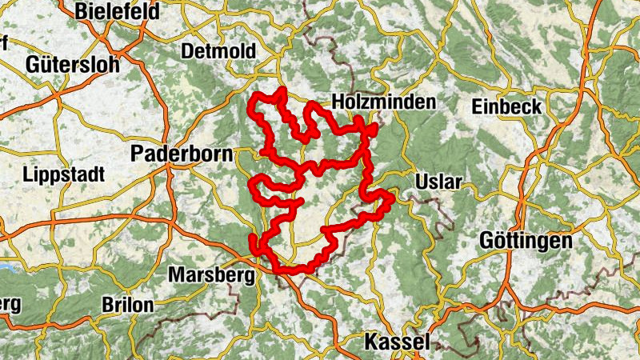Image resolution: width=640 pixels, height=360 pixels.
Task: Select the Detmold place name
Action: (x=219, y=52)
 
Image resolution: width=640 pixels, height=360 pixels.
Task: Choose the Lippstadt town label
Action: (x=65, y=175)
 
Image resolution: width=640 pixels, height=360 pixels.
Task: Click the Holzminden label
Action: (x=384, y=103)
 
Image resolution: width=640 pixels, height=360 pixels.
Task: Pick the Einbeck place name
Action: (x=507, y=106)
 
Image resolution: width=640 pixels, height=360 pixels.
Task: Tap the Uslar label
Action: (x=438, y=183)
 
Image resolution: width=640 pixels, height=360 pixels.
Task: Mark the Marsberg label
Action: (x=211, y=275)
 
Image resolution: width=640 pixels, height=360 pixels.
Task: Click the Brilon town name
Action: (x=128, y=305)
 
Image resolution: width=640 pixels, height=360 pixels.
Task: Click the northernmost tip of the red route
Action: (x=281, y=91)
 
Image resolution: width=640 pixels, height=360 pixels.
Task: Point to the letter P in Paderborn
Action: (x=138, y=153)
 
